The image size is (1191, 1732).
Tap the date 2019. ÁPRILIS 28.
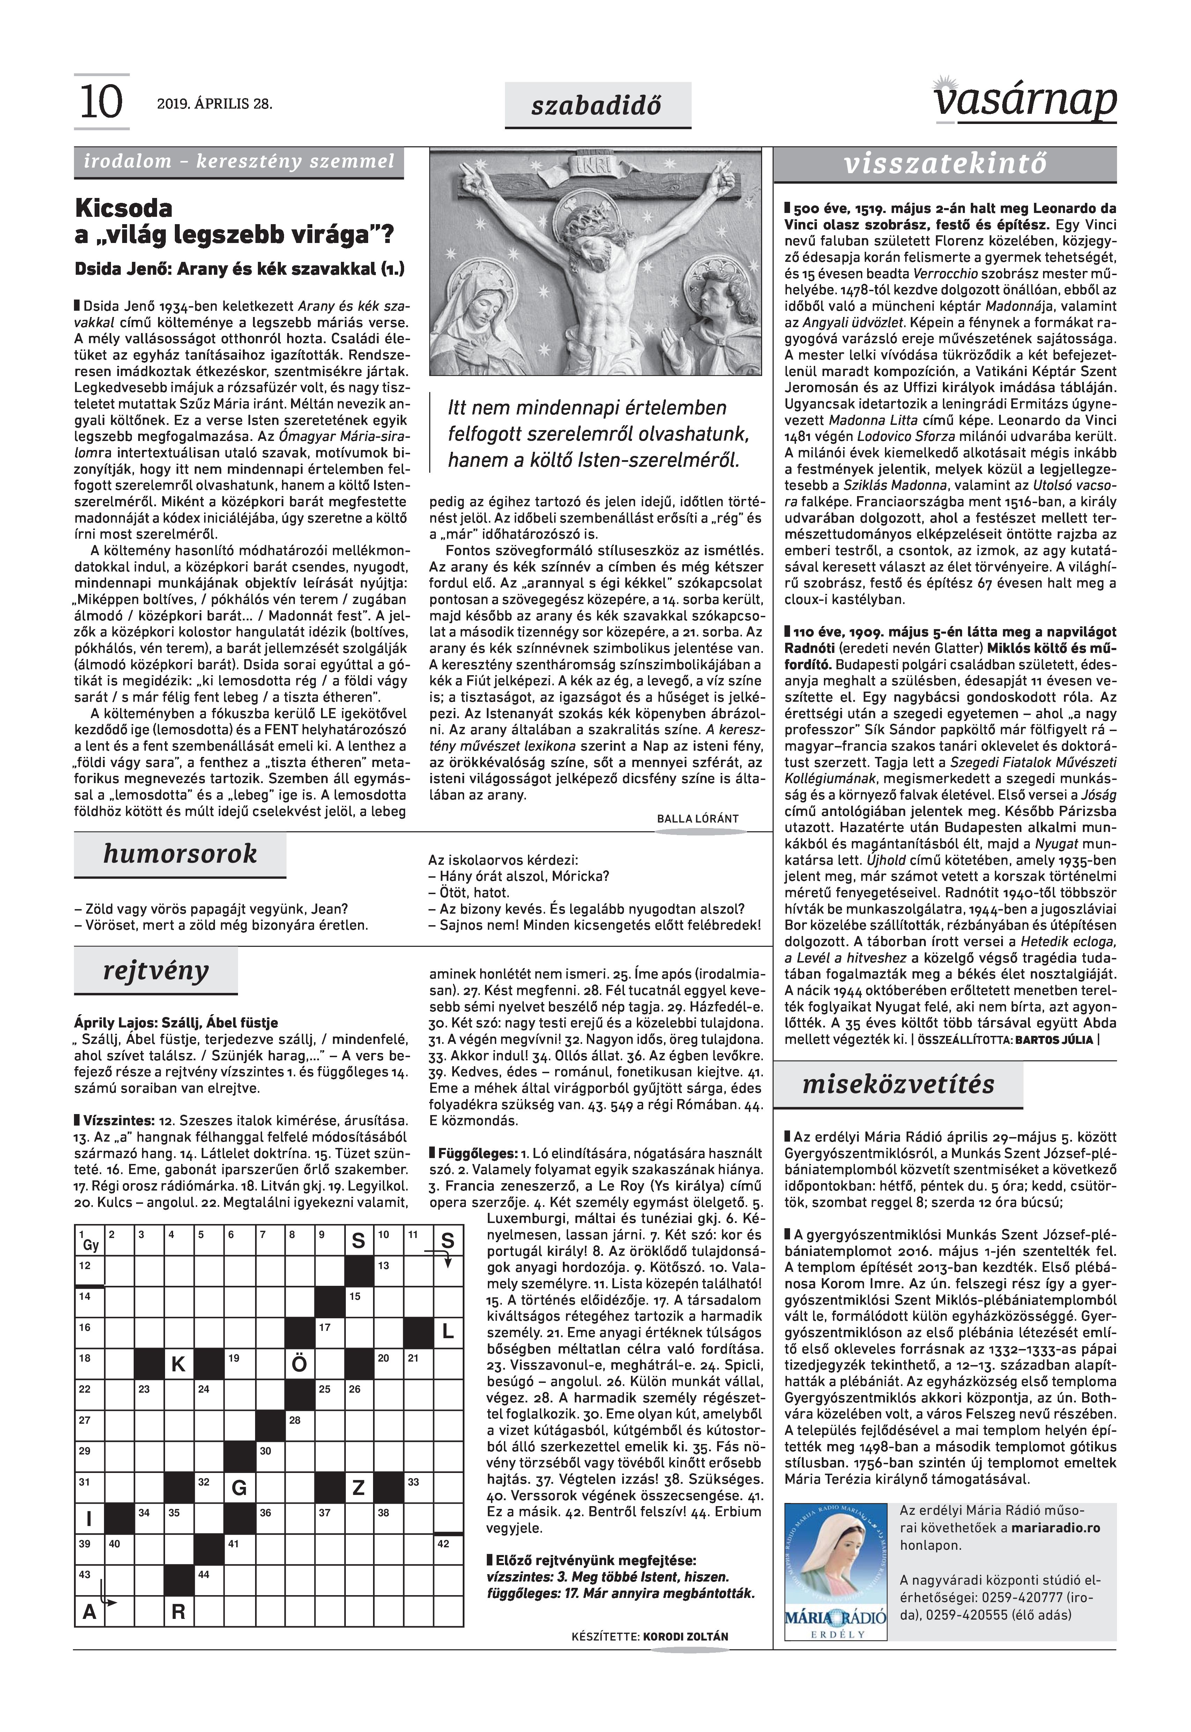[x=214, y=104]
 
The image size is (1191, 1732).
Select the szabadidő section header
[x=597, y=105]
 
